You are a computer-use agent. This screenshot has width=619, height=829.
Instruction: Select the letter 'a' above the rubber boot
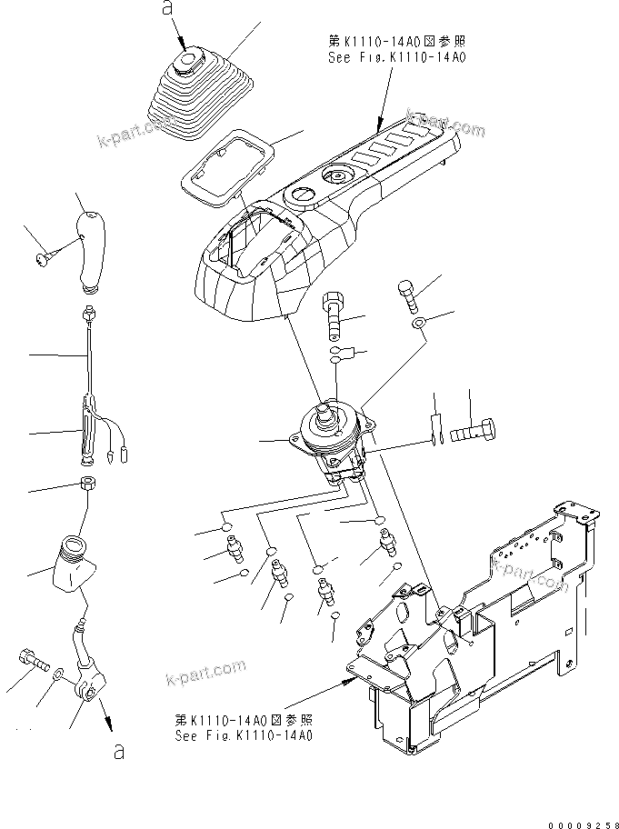[x=165, y=8]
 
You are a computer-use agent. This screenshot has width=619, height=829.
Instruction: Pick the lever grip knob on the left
[x=91, y=251]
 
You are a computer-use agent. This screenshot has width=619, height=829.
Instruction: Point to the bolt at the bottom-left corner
[x=30, y=661]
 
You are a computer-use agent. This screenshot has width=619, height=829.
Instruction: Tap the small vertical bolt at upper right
[x=406, y=295]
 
